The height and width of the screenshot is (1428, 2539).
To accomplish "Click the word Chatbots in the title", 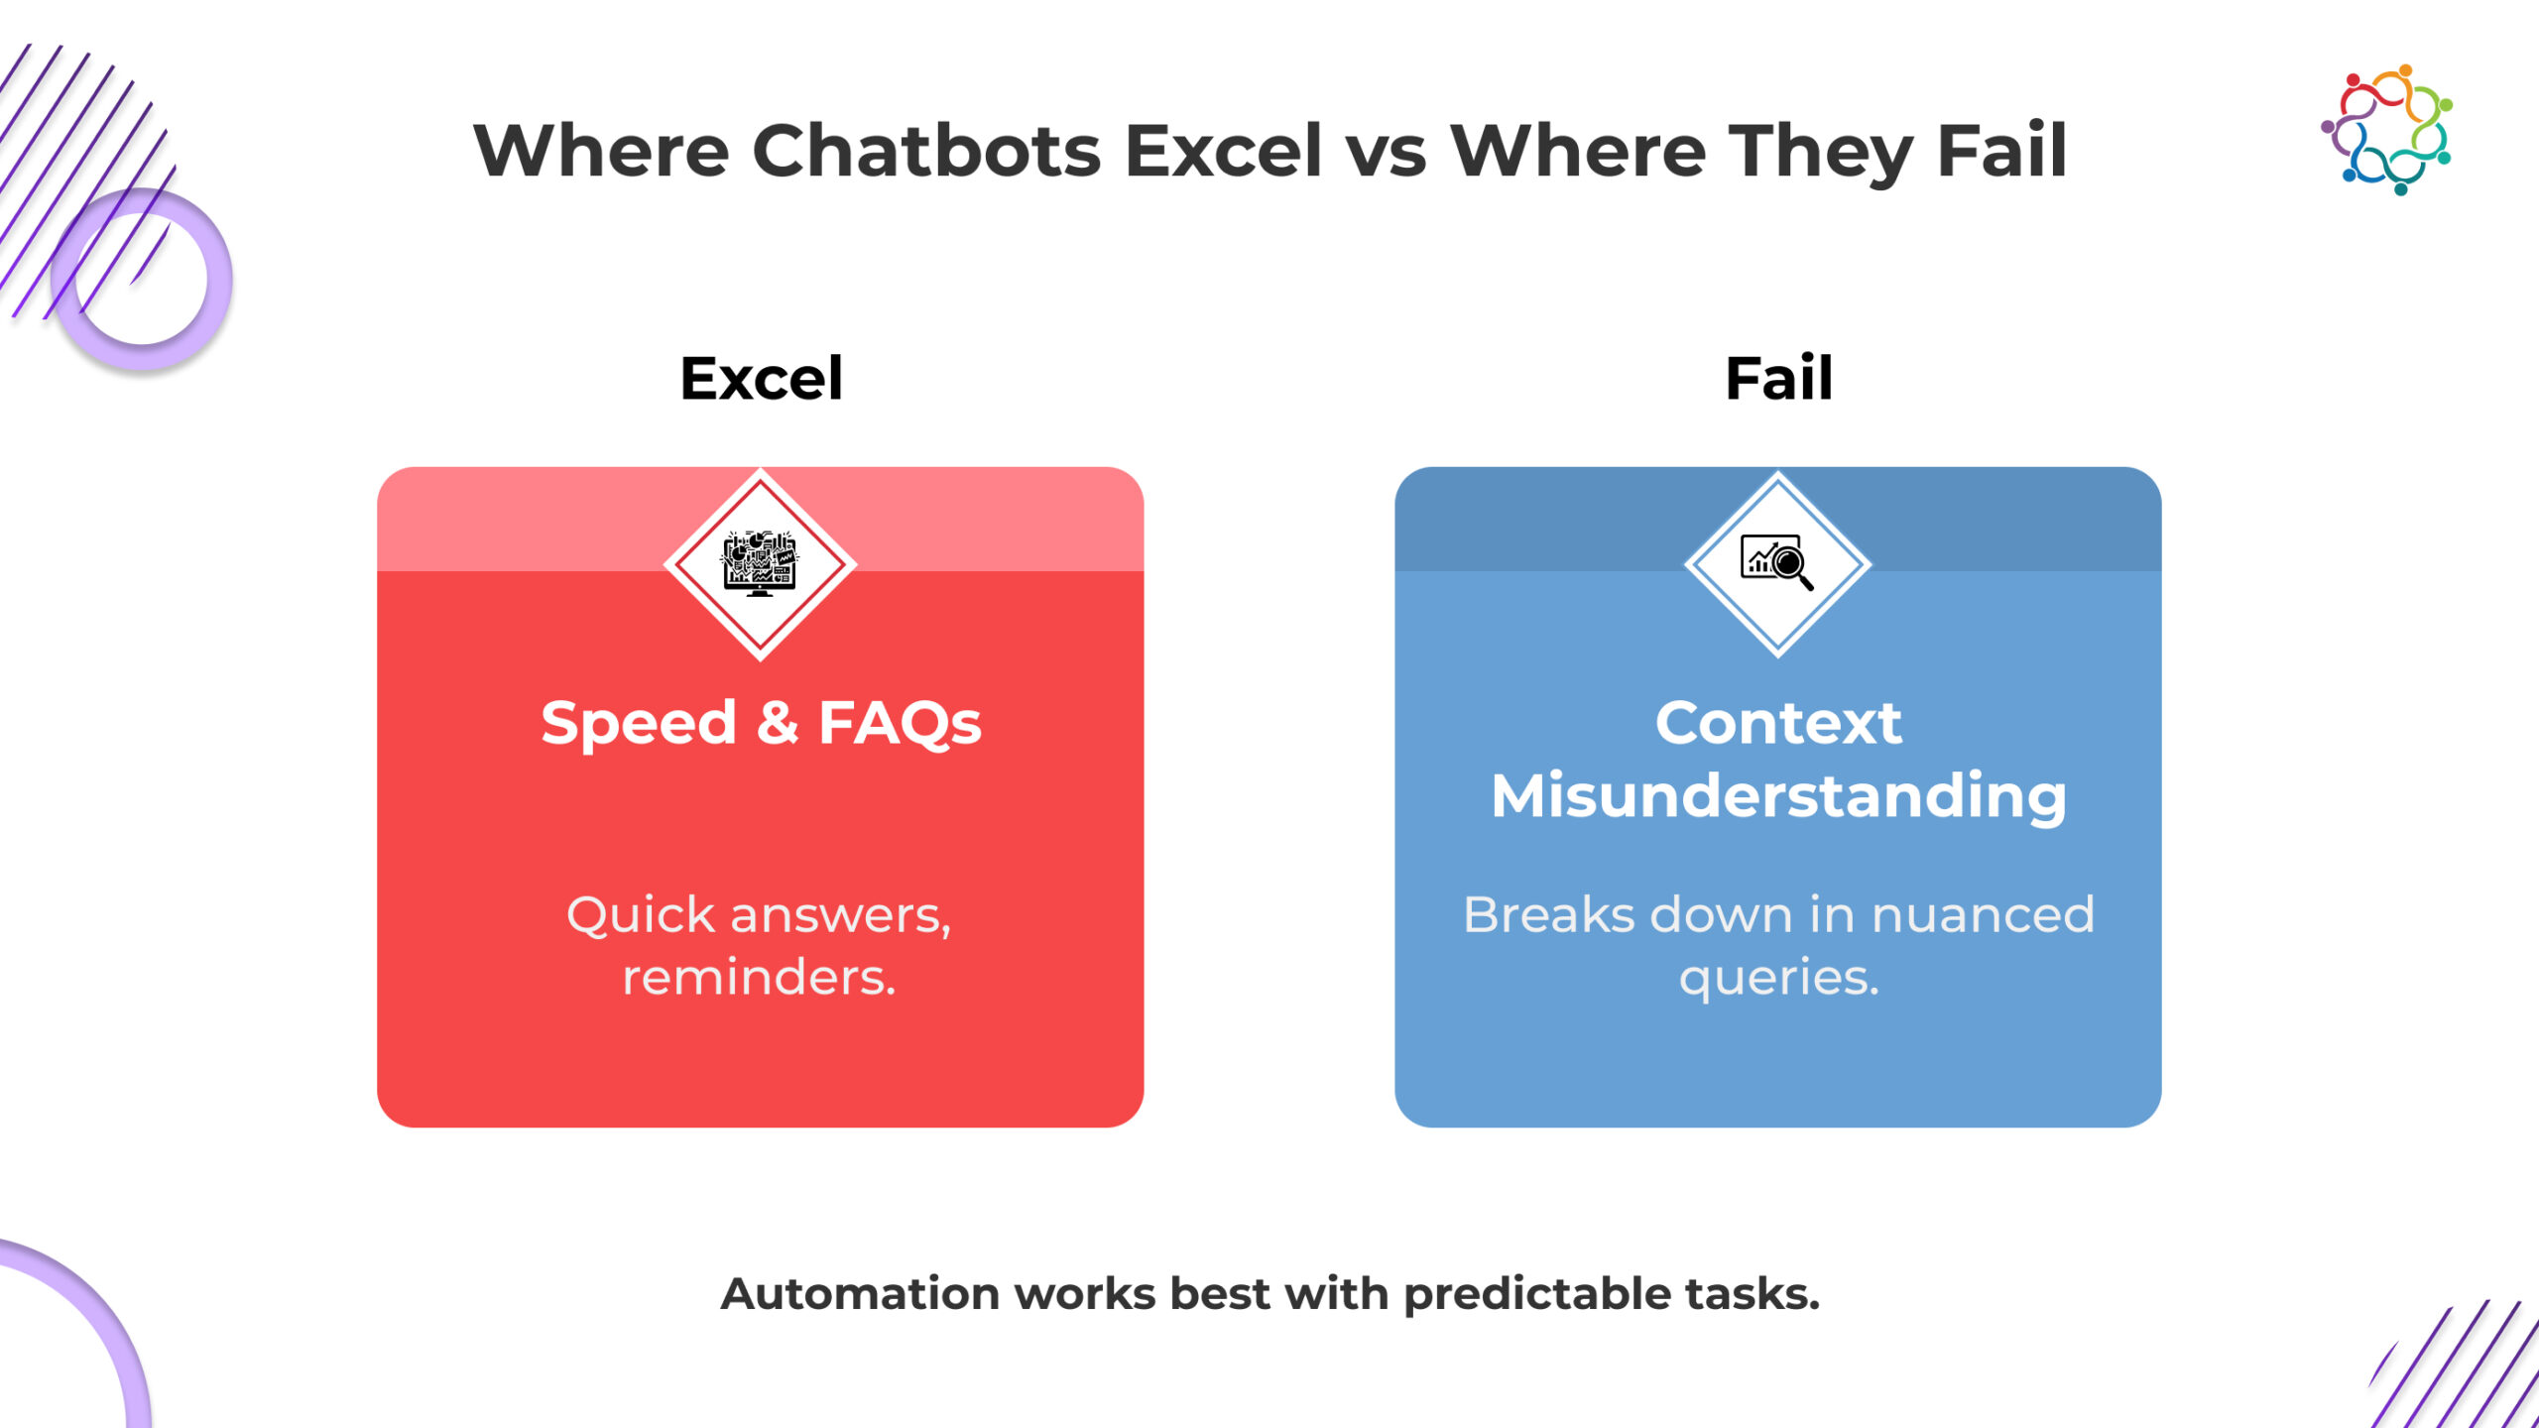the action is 926,151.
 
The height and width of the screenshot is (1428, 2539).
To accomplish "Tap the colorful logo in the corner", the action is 2387,130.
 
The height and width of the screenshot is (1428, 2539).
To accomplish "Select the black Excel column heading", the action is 761,378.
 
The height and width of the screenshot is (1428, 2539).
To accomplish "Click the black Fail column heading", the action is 1778,378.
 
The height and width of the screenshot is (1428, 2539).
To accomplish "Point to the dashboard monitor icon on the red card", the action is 760,563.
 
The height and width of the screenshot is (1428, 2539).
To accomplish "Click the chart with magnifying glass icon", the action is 1777,562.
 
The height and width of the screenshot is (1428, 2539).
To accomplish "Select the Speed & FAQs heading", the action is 761,723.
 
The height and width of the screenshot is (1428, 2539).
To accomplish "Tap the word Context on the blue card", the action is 1778,722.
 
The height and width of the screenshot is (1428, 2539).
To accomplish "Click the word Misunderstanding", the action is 1778,796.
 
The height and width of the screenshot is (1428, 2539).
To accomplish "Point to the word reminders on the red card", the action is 760,978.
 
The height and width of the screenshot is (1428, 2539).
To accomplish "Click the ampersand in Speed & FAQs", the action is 777,723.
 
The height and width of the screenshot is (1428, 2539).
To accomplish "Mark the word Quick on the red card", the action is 640,914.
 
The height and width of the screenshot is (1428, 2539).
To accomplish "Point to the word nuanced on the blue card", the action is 1983,914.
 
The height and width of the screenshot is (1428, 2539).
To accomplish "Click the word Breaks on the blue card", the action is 1547,914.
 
